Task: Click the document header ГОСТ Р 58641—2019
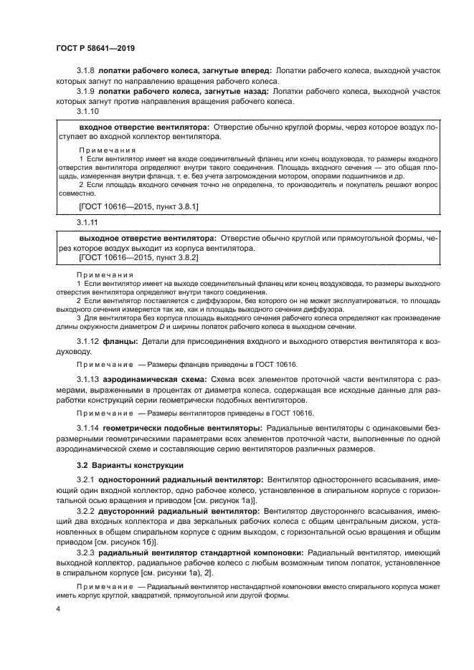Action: coord(95,47)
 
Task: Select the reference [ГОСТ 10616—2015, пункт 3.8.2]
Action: coord(138,257)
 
